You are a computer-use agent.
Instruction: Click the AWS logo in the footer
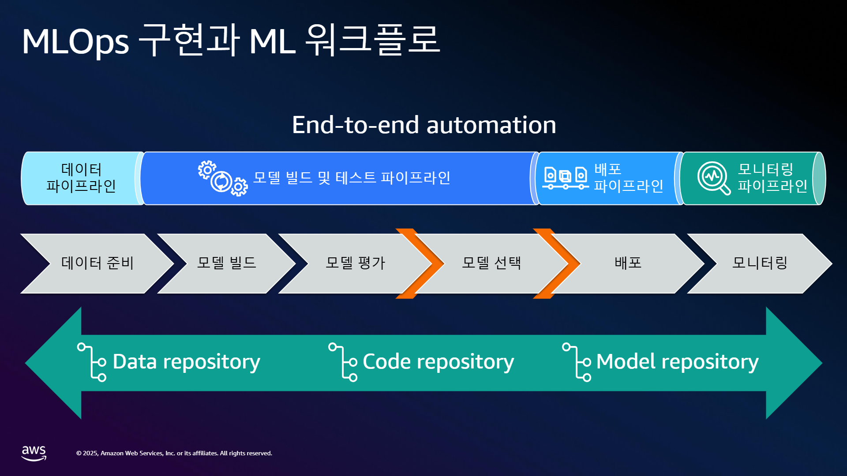[34, 453]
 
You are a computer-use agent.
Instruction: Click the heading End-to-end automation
[424, 125]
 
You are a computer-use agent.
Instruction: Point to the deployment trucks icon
[566, 178]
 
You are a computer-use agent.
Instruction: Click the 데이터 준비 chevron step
[97, 264]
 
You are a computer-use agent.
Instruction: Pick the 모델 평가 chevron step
[356, 264]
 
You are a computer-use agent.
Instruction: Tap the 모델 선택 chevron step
[491, 264]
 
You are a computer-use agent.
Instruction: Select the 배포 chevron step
[628, 264]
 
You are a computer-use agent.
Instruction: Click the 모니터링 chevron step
[760, 264]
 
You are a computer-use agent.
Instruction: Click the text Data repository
[186, 362]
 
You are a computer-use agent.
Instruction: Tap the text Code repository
[438, 362]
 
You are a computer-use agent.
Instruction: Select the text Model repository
[678, 362]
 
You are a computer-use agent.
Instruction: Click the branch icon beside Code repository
[344, 362]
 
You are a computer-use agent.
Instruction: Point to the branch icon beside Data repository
[91, 362]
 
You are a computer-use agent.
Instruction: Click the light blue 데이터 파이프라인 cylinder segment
[82, 178]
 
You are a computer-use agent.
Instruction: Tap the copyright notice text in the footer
[174, 453]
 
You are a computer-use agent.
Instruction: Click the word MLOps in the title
[75, 42]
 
